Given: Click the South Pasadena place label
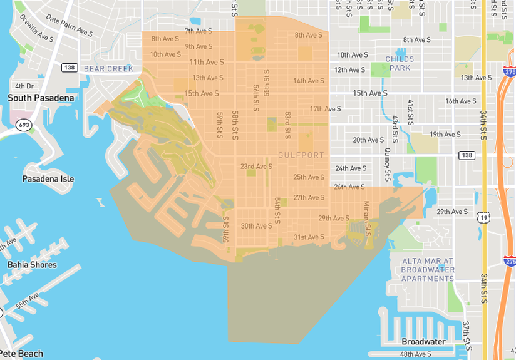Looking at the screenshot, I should pyautogui.click(x=41, y=98).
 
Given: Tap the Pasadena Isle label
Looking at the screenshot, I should pyautogui.click(x=48, y=179).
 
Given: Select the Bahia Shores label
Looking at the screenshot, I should pyautogui.click(x=32, y=265).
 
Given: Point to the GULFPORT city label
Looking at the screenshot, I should pyautogui.click(x=301, y=155).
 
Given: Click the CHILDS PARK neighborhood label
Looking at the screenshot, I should pyautogui.click(x=399, y=63).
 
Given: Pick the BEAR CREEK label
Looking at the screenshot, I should pyautogui.click(x=108, y=69).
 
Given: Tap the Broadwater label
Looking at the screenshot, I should pyautogui.click(x=423, y=342).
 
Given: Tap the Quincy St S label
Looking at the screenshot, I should pyautogui.click(x=388, y=167).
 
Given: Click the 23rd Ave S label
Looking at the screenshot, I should pyautogui.click(x=257, y=167).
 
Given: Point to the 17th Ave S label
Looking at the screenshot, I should pyautogui.click(x=326, y=109).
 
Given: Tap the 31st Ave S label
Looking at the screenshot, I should pyautogui.click(x=309, y=237).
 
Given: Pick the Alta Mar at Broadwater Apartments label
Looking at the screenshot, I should pyautogui.click(x=428, y=270).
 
